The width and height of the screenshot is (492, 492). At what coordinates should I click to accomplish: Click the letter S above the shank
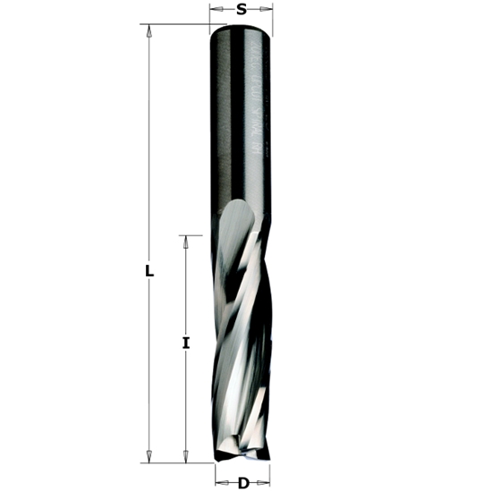pos(241,10)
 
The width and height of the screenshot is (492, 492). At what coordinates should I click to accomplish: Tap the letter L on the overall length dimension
pos(149,271)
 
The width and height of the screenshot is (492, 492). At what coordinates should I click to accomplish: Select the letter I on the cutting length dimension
pos(185,343)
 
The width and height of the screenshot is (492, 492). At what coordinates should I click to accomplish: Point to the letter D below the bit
pos(243,484)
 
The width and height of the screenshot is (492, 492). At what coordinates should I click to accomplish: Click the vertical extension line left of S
pos(210,16)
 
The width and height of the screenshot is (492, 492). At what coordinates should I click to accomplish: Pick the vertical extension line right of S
pos(272,16)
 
